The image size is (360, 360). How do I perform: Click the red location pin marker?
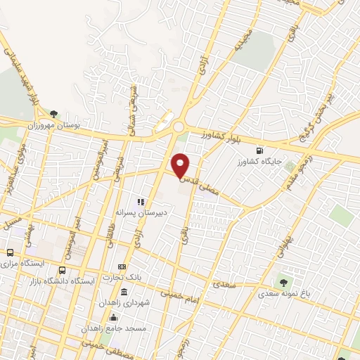click(181, 165)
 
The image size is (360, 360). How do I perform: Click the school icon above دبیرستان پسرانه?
click(141, 202)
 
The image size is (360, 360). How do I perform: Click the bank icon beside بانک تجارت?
click(122, 267)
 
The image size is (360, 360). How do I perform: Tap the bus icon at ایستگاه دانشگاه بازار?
click(63, 270)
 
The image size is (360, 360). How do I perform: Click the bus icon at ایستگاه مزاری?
click(10, 252)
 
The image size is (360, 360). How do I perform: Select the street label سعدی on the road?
click(223, 285)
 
